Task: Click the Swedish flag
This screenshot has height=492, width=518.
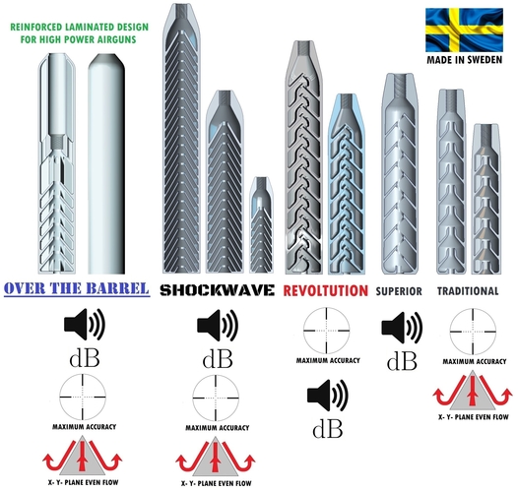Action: pos(464,31)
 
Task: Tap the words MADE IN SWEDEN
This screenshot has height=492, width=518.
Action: pos(465,60)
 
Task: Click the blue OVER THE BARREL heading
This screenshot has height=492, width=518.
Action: pos(77,288)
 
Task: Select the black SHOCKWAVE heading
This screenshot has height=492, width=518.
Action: pos(217,290)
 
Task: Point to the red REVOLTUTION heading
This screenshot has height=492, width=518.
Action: pos(325,290)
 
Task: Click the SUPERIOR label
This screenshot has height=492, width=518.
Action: pos(399,291)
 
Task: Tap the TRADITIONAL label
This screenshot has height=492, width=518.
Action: pos(468,291)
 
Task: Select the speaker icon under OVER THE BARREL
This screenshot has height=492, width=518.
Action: pos(85,325)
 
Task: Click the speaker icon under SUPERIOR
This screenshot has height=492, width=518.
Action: pos(402,328)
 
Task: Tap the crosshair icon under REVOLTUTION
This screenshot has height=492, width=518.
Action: pos(327,331)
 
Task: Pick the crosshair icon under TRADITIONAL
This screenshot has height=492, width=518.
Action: pos(473,332)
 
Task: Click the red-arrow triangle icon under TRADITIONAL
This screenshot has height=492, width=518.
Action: pos(473,391)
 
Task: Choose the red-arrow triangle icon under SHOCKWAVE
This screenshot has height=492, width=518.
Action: pos(216,458)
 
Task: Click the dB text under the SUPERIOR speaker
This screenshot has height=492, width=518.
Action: pos(402,361)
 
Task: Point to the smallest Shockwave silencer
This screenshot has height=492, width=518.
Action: pos(261,225)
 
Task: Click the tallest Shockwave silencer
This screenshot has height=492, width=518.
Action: pos(182,139)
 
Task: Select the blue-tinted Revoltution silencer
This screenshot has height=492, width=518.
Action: pos(347,184)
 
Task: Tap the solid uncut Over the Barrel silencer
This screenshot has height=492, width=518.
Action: pos(106,163)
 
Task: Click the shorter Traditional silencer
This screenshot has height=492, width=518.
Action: pos(486,200)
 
